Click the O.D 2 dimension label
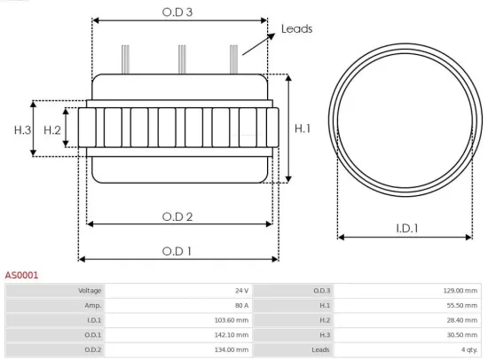point(177,215)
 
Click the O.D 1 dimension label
point(177,251)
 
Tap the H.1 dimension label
point(303,129)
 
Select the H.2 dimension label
point(52,130)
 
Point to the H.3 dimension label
point(22,130)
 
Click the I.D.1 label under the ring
point(407,228)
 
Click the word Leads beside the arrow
point(296,28)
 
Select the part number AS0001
point(21,276)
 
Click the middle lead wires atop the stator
point(181,59)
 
